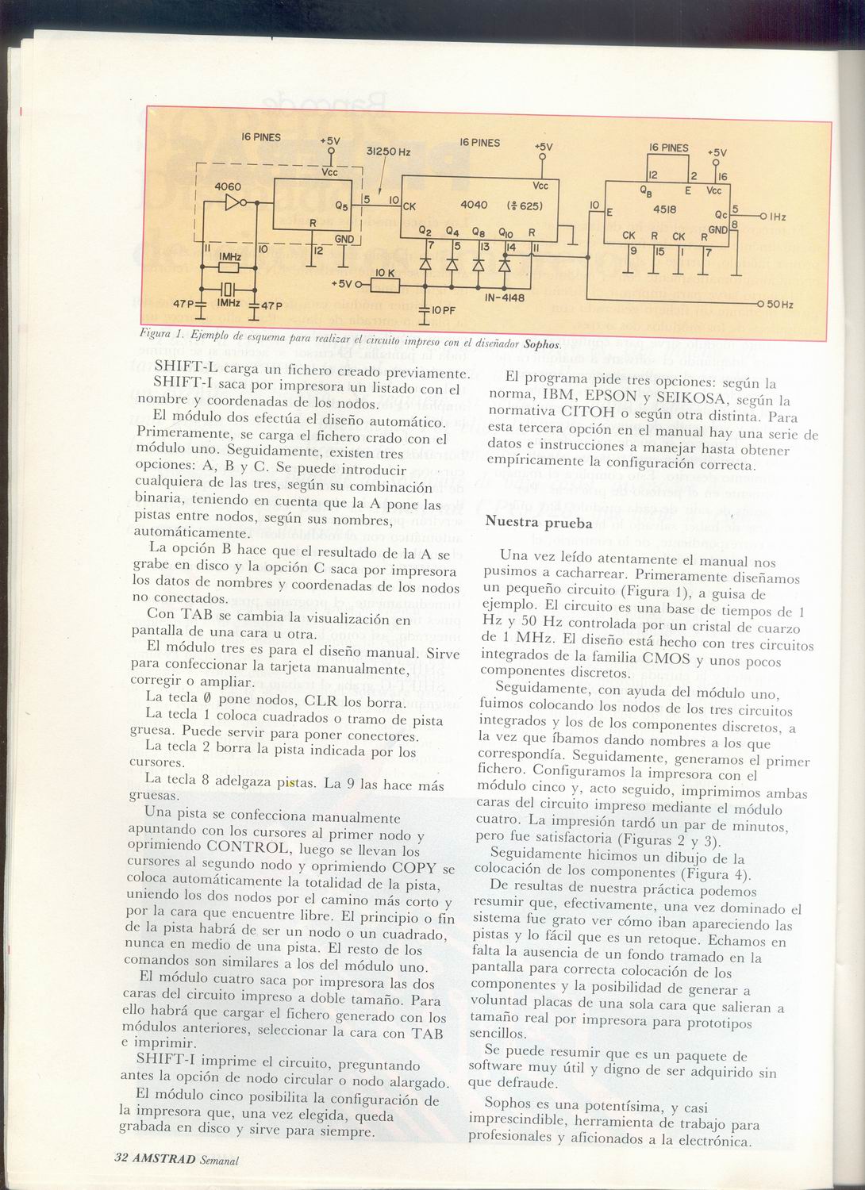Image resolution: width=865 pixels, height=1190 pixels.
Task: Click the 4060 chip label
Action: point(227,187)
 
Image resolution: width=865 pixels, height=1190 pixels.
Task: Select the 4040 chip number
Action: point(474,205)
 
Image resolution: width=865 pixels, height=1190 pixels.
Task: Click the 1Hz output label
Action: point(778,217)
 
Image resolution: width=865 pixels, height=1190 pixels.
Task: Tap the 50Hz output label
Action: point(781,305)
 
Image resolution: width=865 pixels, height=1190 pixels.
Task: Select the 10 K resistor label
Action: point(385,272)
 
